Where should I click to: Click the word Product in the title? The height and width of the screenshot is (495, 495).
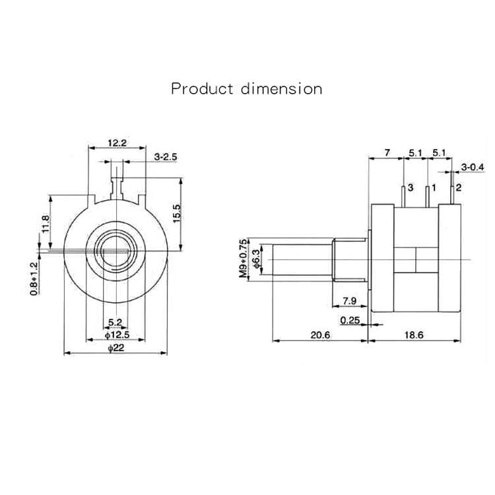202,88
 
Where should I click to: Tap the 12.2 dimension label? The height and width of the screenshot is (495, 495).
117,143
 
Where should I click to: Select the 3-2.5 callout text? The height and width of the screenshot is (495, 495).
166,157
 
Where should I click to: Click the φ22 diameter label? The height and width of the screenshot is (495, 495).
116,348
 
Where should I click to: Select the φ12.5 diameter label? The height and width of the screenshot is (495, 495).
115,334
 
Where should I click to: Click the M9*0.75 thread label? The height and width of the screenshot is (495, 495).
243,257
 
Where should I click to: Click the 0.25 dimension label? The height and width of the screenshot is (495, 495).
349,321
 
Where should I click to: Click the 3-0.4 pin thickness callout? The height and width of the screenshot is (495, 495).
473,168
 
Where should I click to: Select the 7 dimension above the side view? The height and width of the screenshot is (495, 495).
388,152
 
